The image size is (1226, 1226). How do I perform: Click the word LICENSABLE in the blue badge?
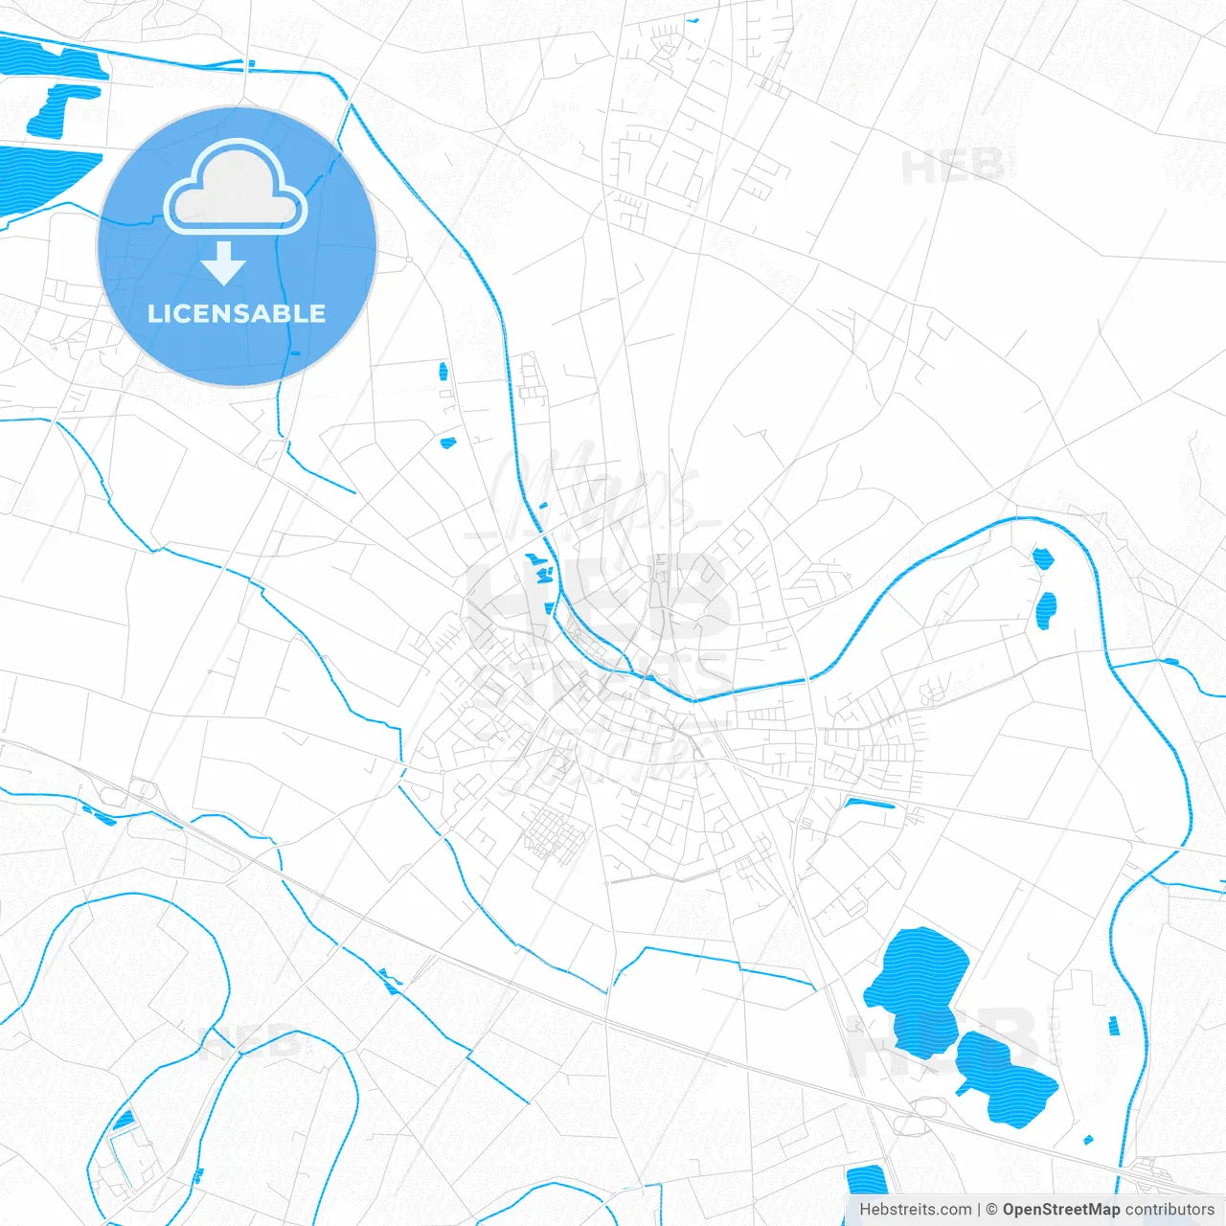pyautogui.click(x=237, y=313)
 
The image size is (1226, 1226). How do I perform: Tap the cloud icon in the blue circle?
pyautogui.click(x=236, y=189)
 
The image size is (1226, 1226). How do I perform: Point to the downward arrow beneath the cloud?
pyautogui.click(x=224, y=263)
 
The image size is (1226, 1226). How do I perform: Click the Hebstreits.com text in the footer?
pyautogui.click(x=915, y=1210)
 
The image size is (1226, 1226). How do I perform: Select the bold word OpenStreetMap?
pyautogui.click(x=1061, y=1210)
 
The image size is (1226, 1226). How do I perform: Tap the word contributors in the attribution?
pyautogui.click(x=1169, y=1210)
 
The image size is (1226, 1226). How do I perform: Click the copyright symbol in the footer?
pyautogui.click(x=992, y=1210)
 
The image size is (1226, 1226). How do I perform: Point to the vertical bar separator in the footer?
pyautogui.click(x=979, y=1210)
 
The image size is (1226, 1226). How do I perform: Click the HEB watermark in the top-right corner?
pyautogui.click(x=953, y=168)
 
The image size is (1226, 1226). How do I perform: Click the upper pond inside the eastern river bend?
pyautogui.click(x=1042, y=557)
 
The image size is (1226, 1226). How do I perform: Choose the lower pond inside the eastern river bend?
pyautogui.click(x=1047, y=610)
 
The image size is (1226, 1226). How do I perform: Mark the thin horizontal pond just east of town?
pyautogui.click(x=870, y=803)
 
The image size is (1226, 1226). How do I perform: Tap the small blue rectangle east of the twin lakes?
pyautogui.click(x=1113, y=1026)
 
